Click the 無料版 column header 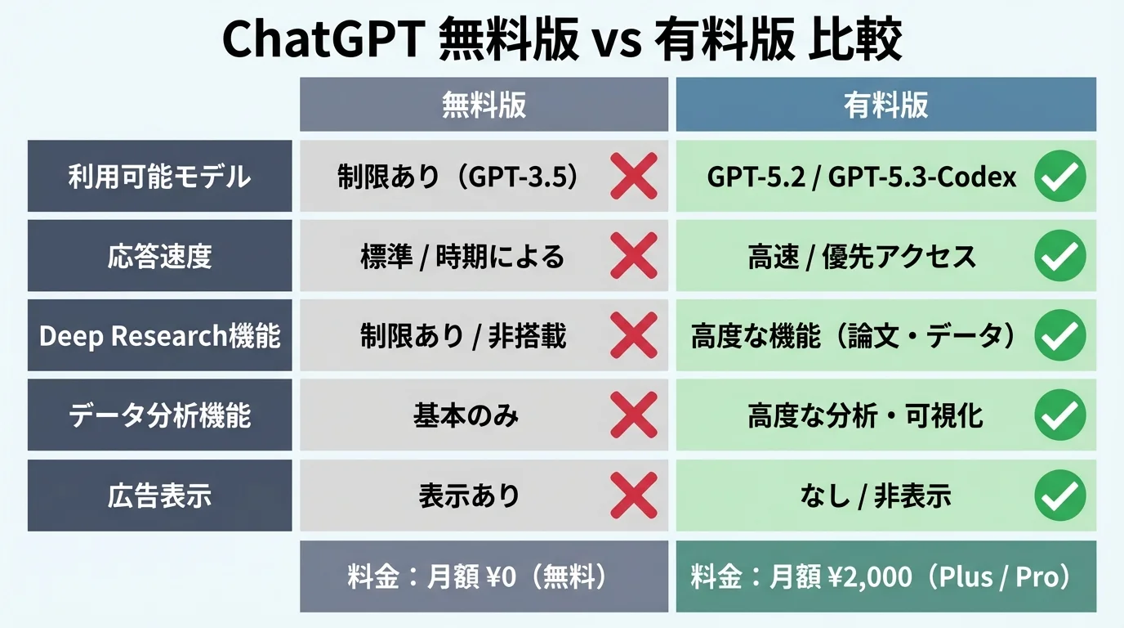484,105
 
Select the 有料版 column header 885,105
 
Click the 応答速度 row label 159,257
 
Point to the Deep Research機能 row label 159,336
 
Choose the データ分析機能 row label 159,415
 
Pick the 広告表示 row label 159,496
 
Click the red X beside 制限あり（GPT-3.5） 634,177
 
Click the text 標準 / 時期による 462,257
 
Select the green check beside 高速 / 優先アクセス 1059,257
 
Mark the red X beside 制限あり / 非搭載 634,336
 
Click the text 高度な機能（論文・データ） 854,336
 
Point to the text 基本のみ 466,415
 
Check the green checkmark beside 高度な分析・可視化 1059,415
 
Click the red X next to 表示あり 634,496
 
